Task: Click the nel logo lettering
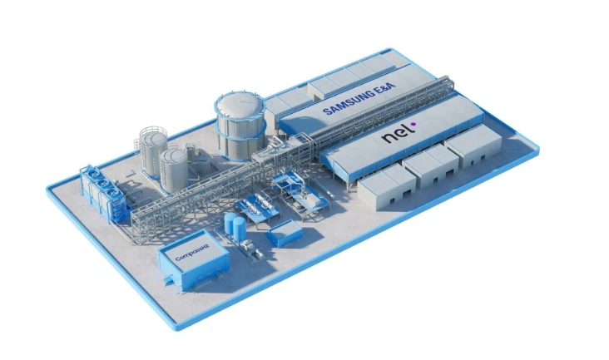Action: click(x=395, y=135)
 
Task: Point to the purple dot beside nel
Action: click(x=413, y=125)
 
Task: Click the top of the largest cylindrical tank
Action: click(x=240, y=104)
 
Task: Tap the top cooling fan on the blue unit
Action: click(x=91, y=174)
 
